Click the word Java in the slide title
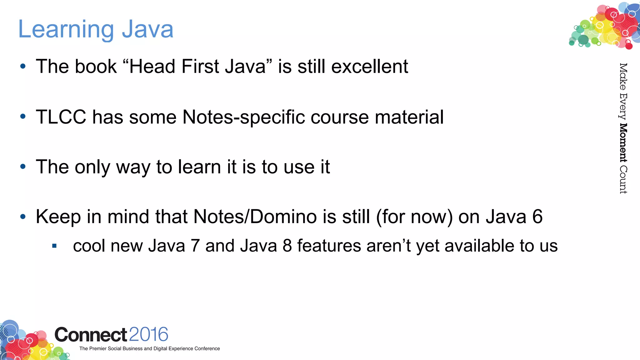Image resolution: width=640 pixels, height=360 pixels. (147, 29)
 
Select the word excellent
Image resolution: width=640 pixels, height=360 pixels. (370, 67)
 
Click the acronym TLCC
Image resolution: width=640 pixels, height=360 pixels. (61, 117)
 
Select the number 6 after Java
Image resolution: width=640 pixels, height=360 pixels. (537, 217)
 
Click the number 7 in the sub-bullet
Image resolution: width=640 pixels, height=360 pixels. (195, 246)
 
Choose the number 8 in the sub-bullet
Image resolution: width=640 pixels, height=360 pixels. (287, 246)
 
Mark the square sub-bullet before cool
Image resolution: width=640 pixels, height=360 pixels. (54, 246)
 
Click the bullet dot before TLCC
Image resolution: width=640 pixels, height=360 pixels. (23, 117)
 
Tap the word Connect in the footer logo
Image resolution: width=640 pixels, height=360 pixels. (91, 335)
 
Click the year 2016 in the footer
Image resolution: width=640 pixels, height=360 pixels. (148, 334)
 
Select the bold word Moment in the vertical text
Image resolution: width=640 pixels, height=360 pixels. (623, 143)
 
